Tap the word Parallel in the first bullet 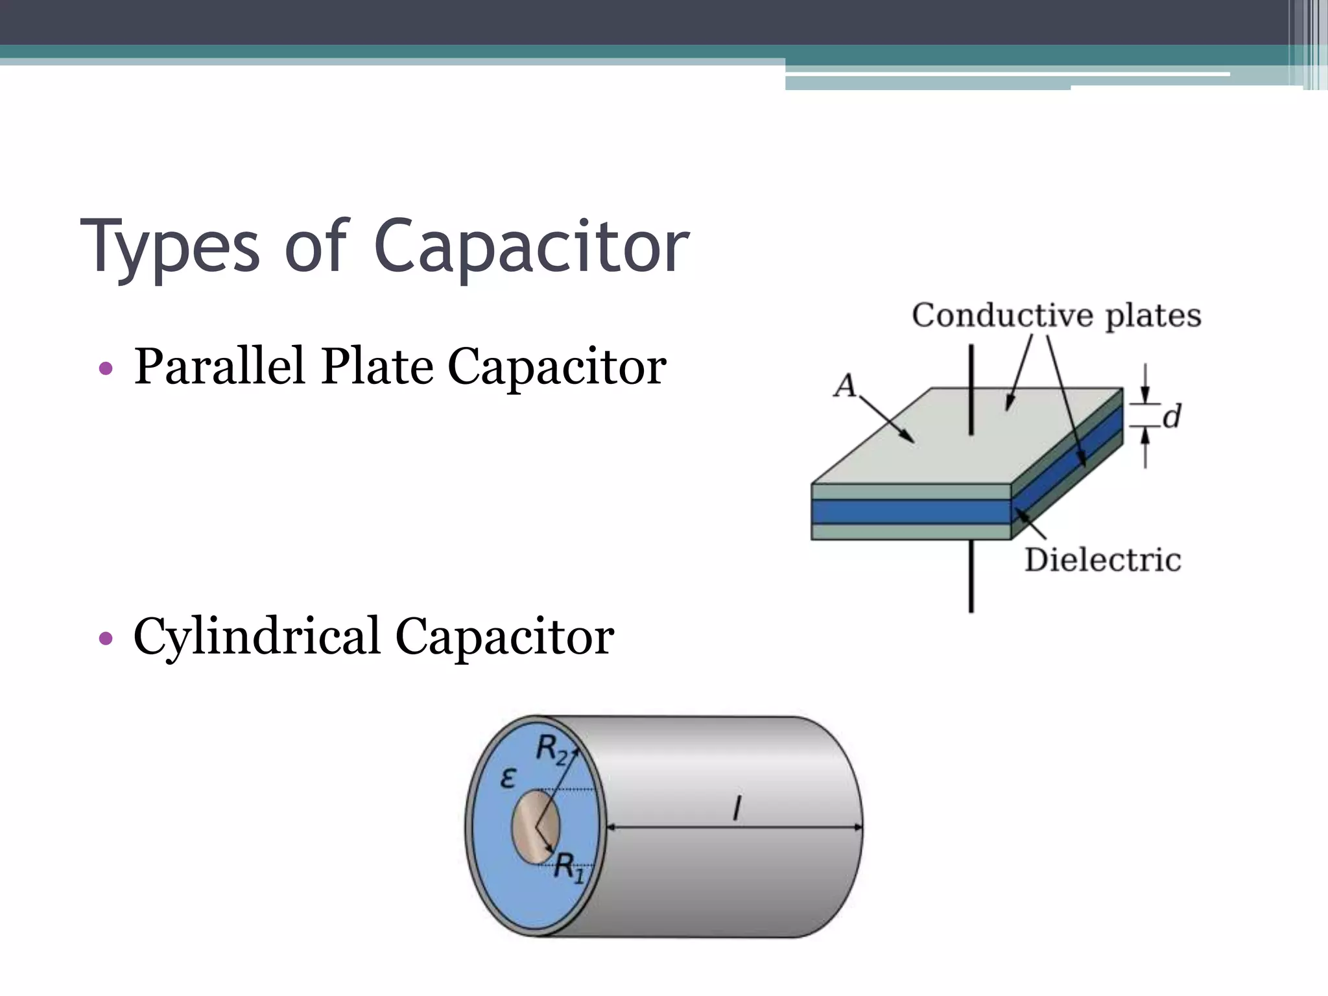[x=219, y=366]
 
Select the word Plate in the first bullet [x=377, y=366]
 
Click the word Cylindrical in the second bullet [x=256, y=636]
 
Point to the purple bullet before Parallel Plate [x=106, y=370]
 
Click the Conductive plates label [x=1056, y=316]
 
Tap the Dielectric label [x=1102, y=560]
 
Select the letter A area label [x=845, y=386]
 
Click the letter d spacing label [x=1171, y=416]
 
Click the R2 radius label [x=551, y=750]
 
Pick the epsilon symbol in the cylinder [x=508, y=777]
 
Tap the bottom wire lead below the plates [x=971, y=577]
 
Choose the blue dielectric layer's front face [x=910, y=512]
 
